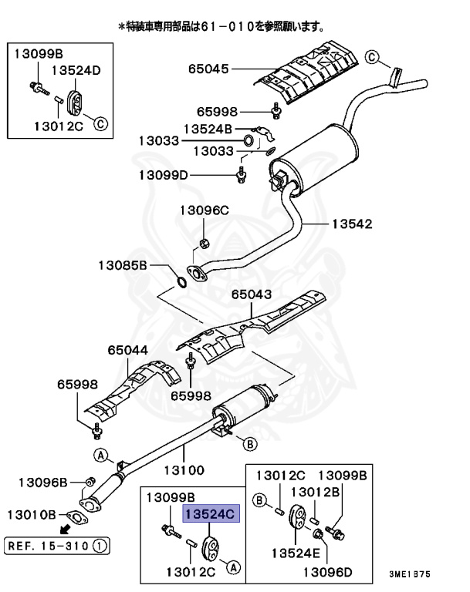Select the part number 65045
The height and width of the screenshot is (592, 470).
pos(208,69)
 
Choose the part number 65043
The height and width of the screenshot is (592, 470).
pos(252,294)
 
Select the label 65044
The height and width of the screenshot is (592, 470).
pos(127,349)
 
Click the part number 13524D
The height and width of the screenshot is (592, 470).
pos(76,70)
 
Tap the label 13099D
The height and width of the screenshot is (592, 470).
pos(164,175)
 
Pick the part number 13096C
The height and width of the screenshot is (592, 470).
pos(205,210)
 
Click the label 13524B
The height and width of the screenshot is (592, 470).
pos(208,127)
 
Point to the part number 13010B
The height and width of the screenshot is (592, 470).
pos(32,513)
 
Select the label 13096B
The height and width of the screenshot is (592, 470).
pos(43,483)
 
